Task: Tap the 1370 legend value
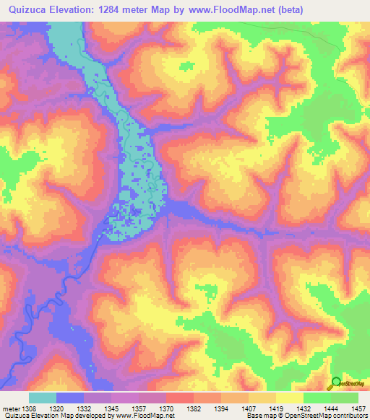[x=167, y=408]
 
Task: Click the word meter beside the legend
[x=11, y=408]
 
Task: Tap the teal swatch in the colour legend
[x=43, y=398]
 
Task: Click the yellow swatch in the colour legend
[x=290, y=398]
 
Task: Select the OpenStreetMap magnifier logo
[x=337, y=383]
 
